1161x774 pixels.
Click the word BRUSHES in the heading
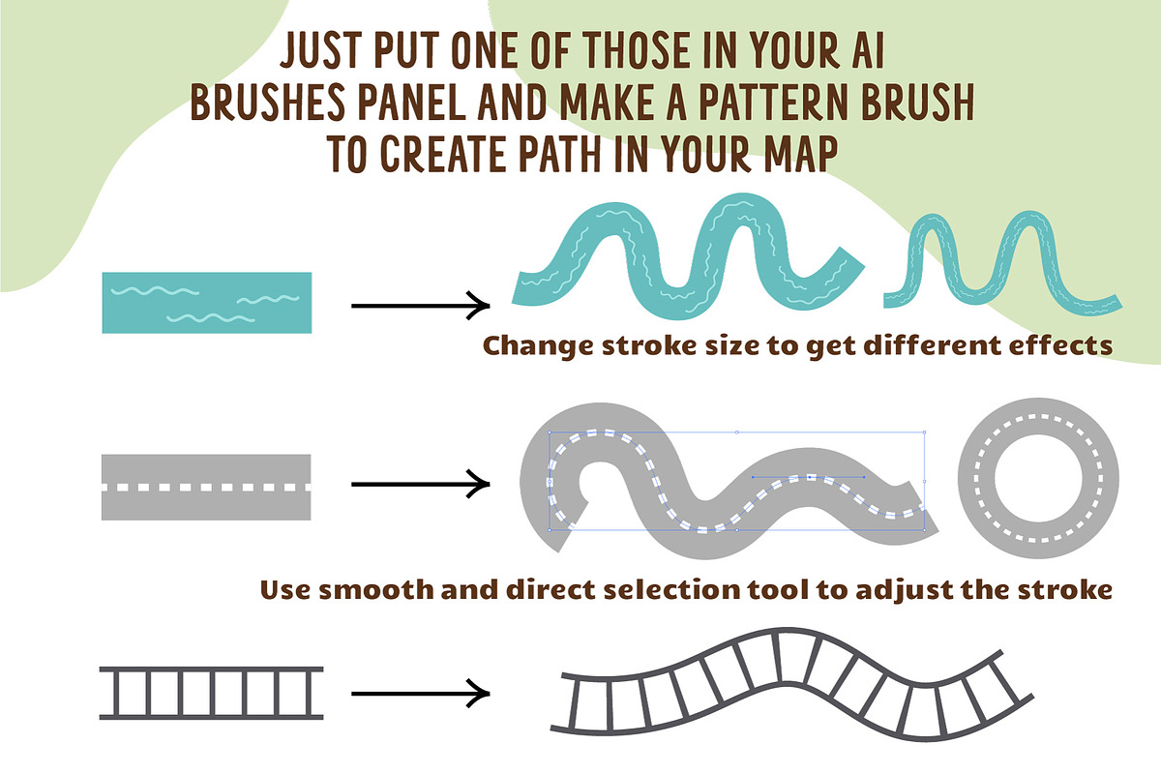267,103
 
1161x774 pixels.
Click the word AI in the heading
868,50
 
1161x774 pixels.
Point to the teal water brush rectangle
207,303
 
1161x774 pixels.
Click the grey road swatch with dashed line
206,488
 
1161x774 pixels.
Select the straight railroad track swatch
212,693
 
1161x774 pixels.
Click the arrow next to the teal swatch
420,306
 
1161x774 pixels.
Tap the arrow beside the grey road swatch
420,484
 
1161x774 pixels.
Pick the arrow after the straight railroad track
420,693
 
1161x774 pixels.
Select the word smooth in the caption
375,589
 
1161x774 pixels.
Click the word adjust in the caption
904,591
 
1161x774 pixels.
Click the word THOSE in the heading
639,50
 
